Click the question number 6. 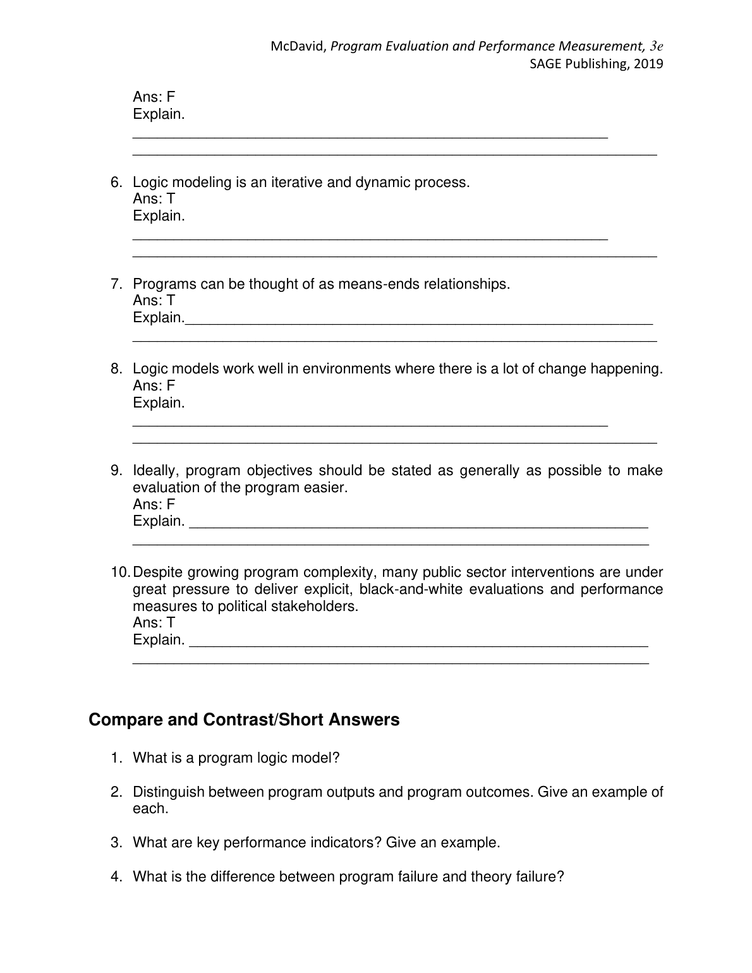tap(116, 183)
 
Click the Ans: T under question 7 tap(154, 301)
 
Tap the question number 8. tap(116, 369)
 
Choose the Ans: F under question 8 tap(154, 386)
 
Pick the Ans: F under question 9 tap(154, 505)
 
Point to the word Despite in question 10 tap(158, 572)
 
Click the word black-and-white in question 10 tap(411, 589)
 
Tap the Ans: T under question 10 tap(154, 623)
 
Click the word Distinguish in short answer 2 tap(168, 792)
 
